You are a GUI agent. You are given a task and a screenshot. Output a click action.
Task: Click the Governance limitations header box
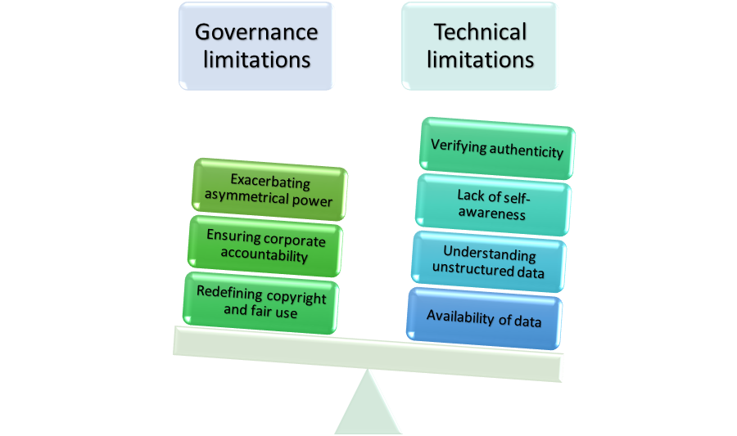click(255, 46)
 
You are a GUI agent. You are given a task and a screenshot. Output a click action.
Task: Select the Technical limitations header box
click(479, 46)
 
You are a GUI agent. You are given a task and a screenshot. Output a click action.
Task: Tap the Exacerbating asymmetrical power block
click(269, 190)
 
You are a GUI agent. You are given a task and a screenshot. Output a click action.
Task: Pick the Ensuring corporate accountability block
click(265, 246)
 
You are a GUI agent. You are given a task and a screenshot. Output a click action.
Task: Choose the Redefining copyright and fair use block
click(261, 303)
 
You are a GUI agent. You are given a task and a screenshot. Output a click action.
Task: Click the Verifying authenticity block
click(497, 148)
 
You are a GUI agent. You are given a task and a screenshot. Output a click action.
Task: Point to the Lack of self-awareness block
click(493, 205)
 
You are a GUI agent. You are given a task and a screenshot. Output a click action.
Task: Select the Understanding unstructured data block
click(489, 262)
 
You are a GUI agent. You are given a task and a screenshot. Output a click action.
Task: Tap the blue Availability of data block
click(485, 318)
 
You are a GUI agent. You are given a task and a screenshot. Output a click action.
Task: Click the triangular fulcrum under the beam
click(368, 406)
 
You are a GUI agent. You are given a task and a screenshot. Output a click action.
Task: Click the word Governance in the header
click(256, 32)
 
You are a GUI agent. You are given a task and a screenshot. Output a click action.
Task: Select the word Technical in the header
click(480, 32)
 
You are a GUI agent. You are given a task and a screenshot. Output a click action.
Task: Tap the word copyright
click(296, 297)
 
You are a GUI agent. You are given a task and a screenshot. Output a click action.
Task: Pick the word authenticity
click(527, 151)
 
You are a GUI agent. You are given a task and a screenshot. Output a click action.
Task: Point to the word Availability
click(460, 317)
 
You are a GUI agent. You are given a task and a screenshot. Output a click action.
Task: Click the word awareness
click(491, 213)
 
